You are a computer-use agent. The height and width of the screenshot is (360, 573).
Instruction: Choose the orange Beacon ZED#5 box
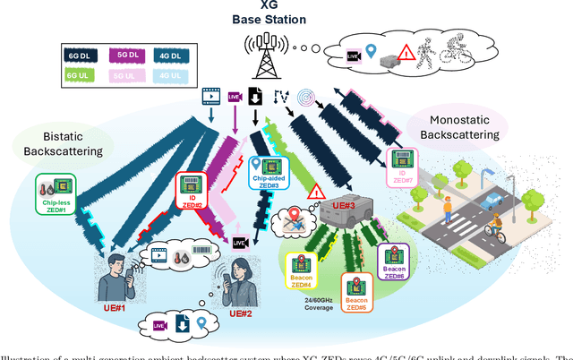click(356, 291)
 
